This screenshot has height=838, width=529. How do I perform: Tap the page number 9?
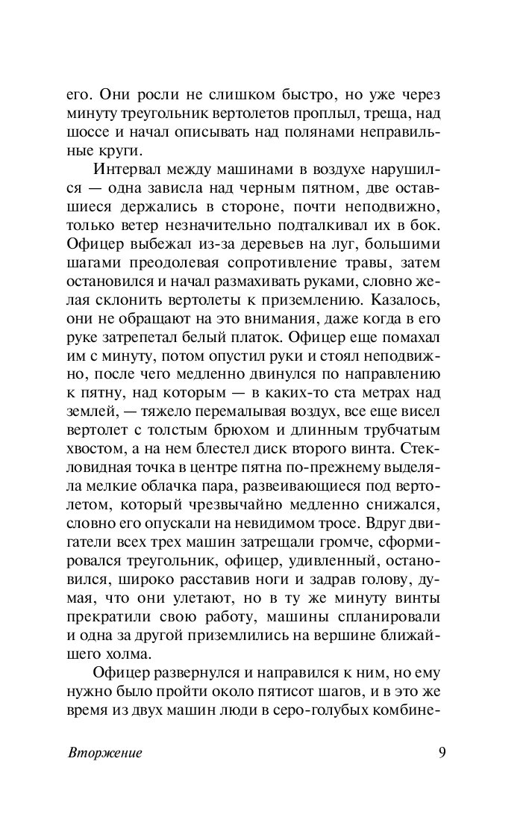(442, 751)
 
